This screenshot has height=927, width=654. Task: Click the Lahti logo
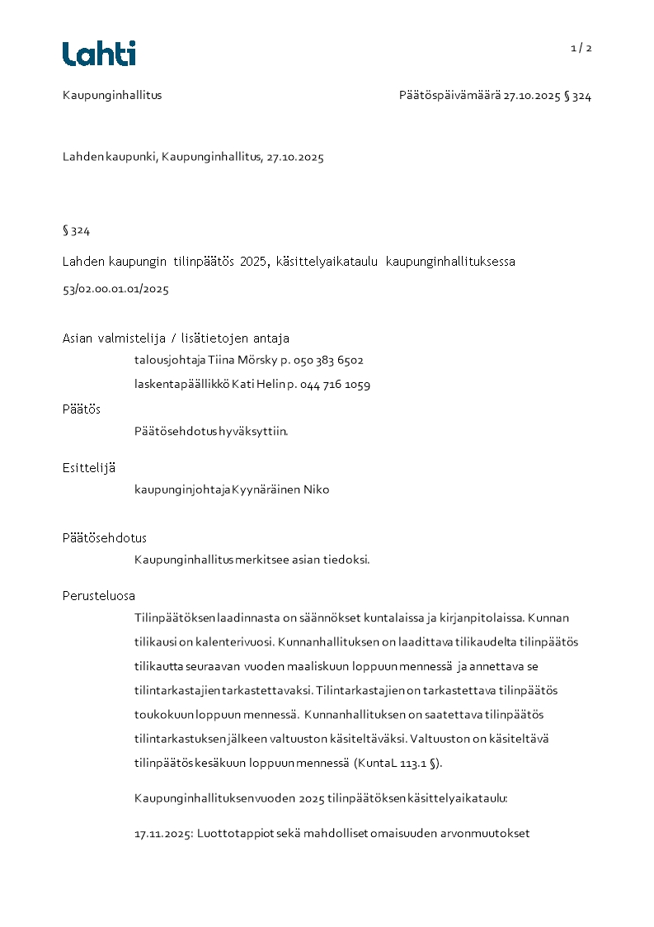[x=99, y=54]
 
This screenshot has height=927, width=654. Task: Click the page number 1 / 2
[x=581, y=48]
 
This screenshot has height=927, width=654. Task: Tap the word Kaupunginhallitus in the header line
[x=112, y=95]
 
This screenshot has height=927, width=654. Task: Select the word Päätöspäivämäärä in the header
[x=449, y=96]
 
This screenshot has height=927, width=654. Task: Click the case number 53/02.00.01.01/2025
[x=115, y=289]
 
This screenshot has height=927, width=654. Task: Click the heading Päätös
[x=82, y=409]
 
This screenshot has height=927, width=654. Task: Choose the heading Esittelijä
[x=89, y=467]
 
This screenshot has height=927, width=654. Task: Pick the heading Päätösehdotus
[x=105, y=537]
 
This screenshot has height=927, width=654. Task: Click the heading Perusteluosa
[x=99, y=595]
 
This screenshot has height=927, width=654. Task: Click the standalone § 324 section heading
[x=76, y=230]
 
